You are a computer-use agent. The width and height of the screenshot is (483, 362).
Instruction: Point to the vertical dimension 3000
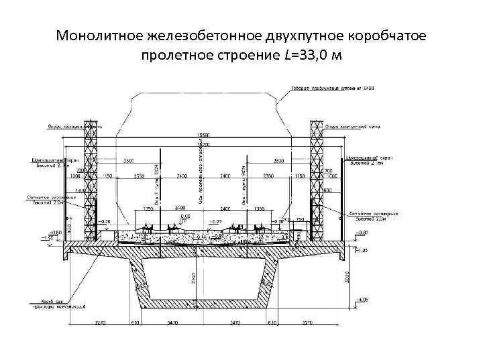[347, 276]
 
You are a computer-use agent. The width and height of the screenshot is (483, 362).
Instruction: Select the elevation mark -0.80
[362, 232]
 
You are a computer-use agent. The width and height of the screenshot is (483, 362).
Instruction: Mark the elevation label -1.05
[362, 250]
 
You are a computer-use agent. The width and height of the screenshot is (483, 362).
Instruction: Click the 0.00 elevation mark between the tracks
[184, 216]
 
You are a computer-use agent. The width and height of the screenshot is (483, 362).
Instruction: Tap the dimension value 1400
[80, 191]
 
